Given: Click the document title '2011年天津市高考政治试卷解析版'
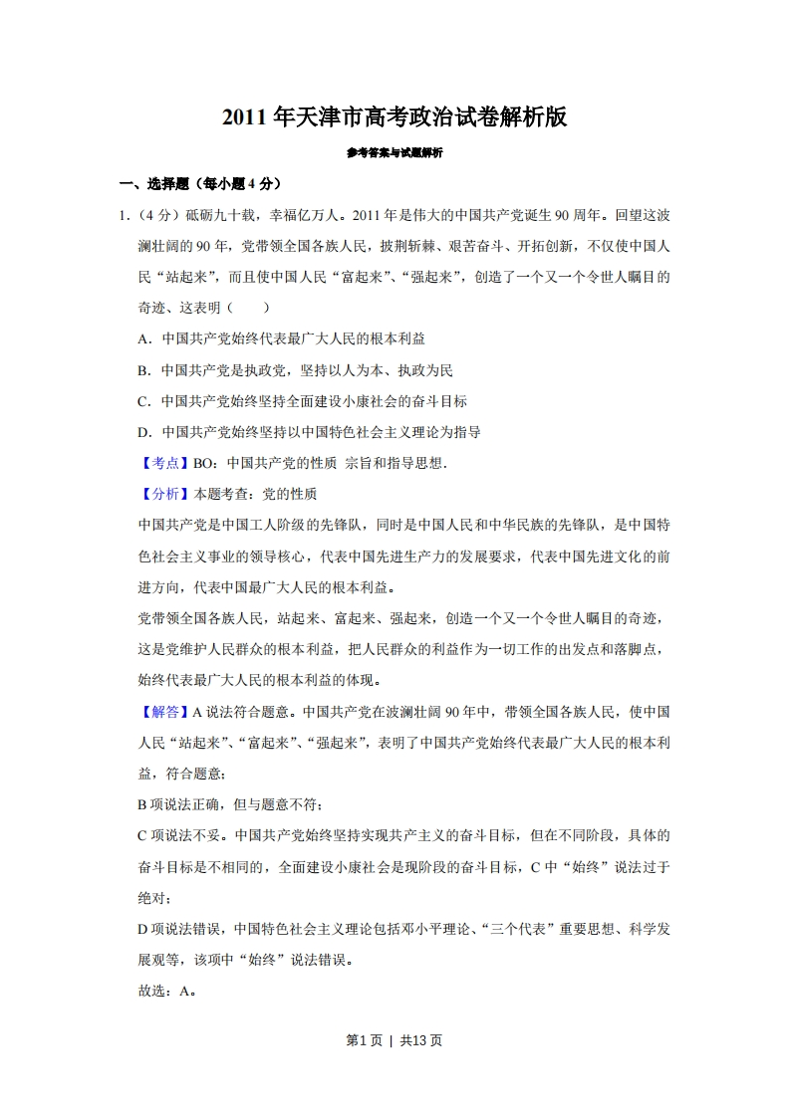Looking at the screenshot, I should (395, 117).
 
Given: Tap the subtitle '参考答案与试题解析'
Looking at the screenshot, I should (395, 153).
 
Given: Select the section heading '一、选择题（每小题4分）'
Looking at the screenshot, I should (200, 183).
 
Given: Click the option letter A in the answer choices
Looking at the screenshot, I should (142, 338).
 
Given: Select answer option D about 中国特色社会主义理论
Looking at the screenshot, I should (310, 432).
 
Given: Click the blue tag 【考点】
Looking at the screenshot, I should (160, 463).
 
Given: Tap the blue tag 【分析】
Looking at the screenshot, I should (160, 494).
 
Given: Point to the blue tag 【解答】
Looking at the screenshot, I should (160, 712).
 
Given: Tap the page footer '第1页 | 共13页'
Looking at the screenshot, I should (395, 1040).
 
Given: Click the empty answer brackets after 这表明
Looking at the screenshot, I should (248, 308).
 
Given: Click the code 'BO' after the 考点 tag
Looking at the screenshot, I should (203, 463).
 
